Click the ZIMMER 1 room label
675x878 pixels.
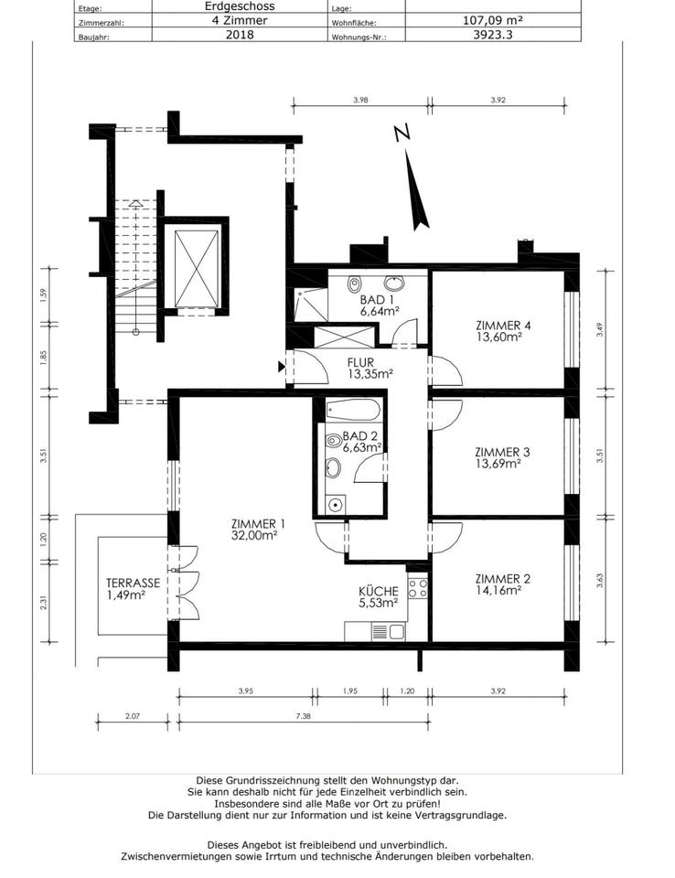[x=258, y=524]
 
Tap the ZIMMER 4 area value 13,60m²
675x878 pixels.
[x=499, y=337]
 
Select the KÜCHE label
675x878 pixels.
[x=379, y=591]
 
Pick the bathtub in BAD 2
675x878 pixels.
[x=353, y=410]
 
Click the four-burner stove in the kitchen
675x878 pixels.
[x=417, y=588]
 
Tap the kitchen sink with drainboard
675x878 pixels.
[x=388, y=632]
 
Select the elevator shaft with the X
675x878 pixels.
[x=196, y=269]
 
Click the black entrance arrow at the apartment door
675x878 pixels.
[x=282, y=367]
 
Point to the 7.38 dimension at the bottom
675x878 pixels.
[x=303, y=715]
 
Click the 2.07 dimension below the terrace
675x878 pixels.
[x=133, y=715]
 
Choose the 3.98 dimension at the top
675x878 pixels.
[x=360, y=101]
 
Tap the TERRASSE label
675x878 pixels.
[x=133, y=583]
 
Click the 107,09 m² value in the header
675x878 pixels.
[x=493, y=20]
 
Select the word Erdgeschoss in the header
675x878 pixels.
[x=240, y=6]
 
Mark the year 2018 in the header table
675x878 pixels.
[x=240, y=34]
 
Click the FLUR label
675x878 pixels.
[x=360, y=362]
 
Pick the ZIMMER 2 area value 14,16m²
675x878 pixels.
[x=498, y=590]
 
